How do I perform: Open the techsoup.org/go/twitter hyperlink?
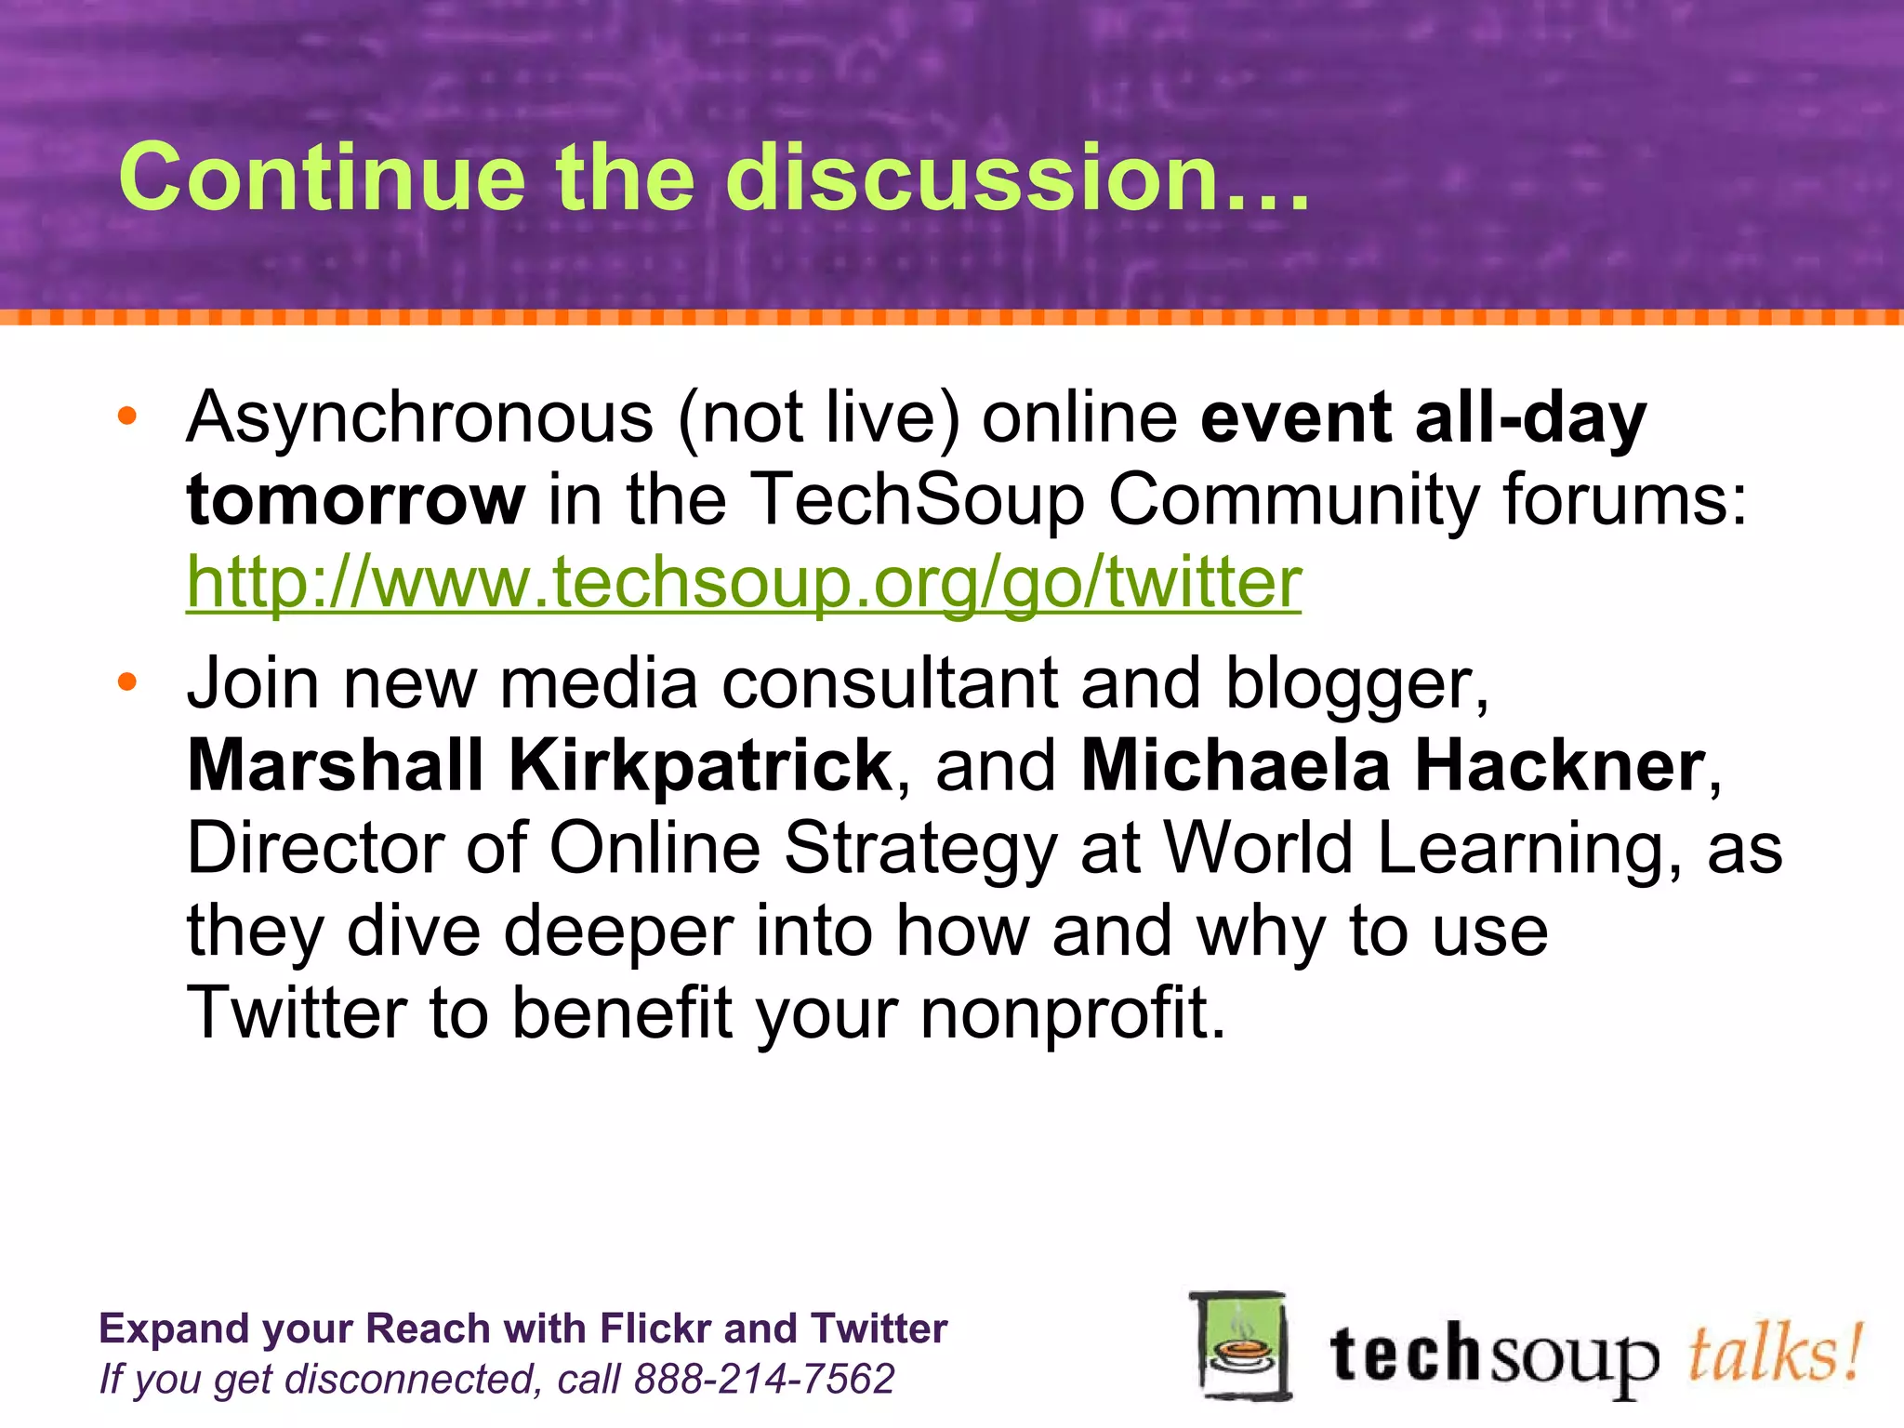coord(744,583)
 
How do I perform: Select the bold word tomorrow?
coord(356,500)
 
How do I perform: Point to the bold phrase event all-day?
coord(1423,418)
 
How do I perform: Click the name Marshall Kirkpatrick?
coord(540,765)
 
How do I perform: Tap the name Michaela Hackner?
coord(1394,765)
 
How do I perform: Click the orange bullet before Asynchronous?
coord(127,416)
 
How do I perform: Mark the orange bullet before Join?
coord(127,683)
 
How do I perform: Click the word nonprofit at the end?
coord(1073,1012)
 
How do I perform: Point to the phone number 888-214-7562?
coord(763,1379)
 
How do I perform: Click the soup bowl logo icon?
coord(1240,1346)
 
